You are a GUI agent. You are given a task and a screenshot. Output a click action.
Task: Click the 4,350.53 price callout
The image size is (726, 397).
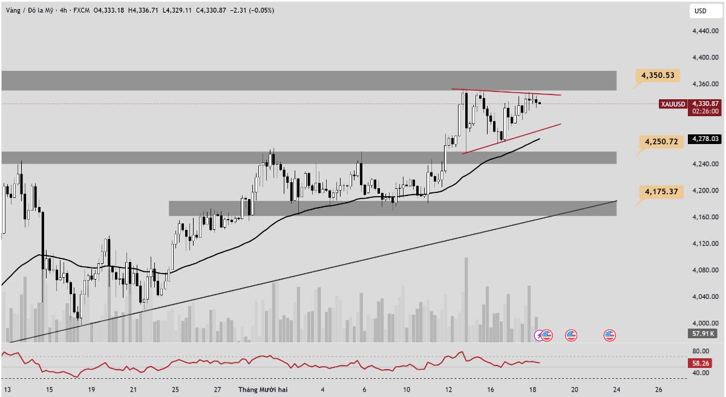pyautogui.click(x=658, y=76)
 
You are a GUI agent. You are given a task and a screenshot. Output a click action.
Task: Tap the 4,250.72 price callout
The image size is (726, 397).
pyautogui.click(x=661, y=142)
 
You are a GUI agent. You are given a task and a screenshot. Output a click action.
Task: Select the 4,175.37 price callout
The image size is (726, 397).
pyautogui.click(x=661, y=191)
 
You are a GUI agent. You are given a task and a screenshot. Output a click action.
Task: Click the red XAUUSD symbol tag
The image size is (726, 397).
pyautogui.click(x=673, y=104)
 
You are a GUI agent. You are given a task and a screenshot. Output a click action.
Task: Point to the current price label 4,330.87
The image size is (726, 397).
pyautogui.click(x=705, y=103)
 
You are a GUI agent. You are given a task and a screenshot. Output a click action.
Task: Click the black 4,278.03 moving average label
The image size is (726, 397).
pyautogui.click(x=705, y=139)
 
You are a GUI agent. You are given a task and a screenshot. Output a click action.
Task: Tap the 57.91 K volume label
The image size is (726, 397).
pyautogui.click(x=702, y=333)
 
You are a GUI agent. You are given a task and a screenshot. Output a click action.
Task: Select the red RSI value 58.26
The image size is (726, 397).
pyautogui.click(x=700, y=363)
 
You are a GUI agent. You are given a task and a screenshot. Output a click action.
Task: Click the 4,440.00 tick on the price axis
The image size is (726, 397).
pyautogui.click(x=705, y=31)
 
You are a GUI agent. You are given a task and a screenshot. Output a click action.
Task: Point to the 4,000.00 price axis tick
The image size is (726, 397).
pyautogui.click(x=705, y=323)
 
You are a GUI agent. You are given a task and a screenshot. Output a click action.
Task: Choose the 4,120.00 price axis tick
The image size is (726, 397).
pyautogui.click(x=705, y=243)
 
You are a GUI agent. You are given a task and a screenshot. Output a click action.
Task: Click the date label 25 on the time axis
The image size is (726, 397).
pyautogui.click(x=175, y=390)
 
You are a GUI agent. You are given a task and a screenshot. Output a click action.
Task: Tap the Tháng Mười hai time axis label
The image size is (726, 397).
pyautogui.click(x=263, y=390)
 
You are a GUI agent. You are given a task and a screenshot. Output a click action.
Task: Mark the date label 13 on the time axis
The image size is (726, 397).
pyautogui.click(x=7, y=390)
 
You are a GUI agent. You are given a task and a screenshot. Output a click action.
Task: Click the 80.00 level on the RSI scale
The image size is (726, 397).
pyautogui.click(x=701, y=351)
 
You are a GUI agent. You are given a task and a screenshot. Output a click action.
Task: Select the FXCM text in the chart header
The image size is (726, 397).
pyautogui.click(x=81, y=10)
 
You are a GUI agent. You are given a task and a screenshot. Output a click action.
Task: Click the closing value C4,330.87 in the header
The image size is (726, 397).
pyautogui.click(x=211, y=10)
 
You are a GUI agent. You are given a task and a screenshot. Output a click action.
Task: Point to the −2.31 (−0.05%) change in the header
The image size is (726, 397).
pyautogui.click(x=252, y=10)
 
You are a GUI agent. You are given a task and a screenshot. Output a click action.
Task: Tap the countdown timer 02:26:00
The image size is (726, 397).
pyautogui.click(x=705, y=111)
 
